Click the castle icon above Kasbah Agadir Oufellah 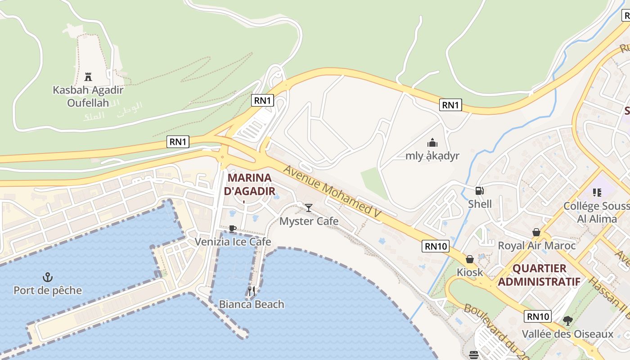click(88, 76)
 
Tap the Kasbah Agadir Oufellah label click(88, 96)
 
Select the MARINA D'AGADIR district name click(249, 184)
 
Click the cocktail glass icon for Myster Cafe click(309, 207)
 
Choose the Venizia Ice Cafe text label click(233, 242)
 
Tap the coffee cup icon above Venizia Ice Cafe click(232, 229)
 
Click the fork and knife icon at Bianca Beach click(252, 291)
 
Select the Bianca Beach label click(252, 304)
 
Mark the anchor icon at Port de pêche click(47, 277)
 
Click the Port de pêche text click(48, 290)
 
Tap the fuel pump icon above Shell click(480, 191)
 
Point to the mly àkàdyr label click(432, 156)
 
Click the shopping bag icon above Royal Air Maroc click(536, 232)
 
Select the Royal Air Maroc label click(536, 246)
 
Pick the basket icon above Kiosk click(470, 259)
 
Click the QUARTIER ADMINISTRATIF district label click(539, 275)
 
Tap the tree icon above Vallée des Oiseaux click(568, 321)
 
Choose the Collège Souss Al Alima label click(597, 212)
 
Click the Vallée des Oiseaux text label click(567, 334)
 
